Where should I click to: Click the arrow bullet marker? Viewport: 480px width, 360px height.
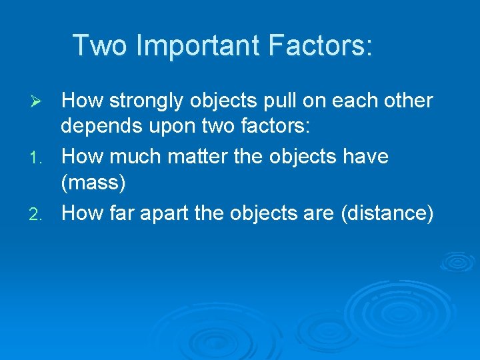(x=38, y=101)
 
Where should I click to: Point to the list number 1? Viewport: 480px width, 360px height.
(x=38, y=158)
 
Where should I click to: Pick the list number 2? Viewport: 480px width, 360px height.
(x=38, y=214)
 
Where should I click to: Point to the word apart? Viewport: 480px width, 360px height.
(x=169, y=213)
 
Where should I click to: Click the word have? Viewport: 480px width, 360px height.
(x=364, y=157)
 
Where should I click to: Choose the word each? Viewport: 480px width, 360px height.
(x=355, y=101)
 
